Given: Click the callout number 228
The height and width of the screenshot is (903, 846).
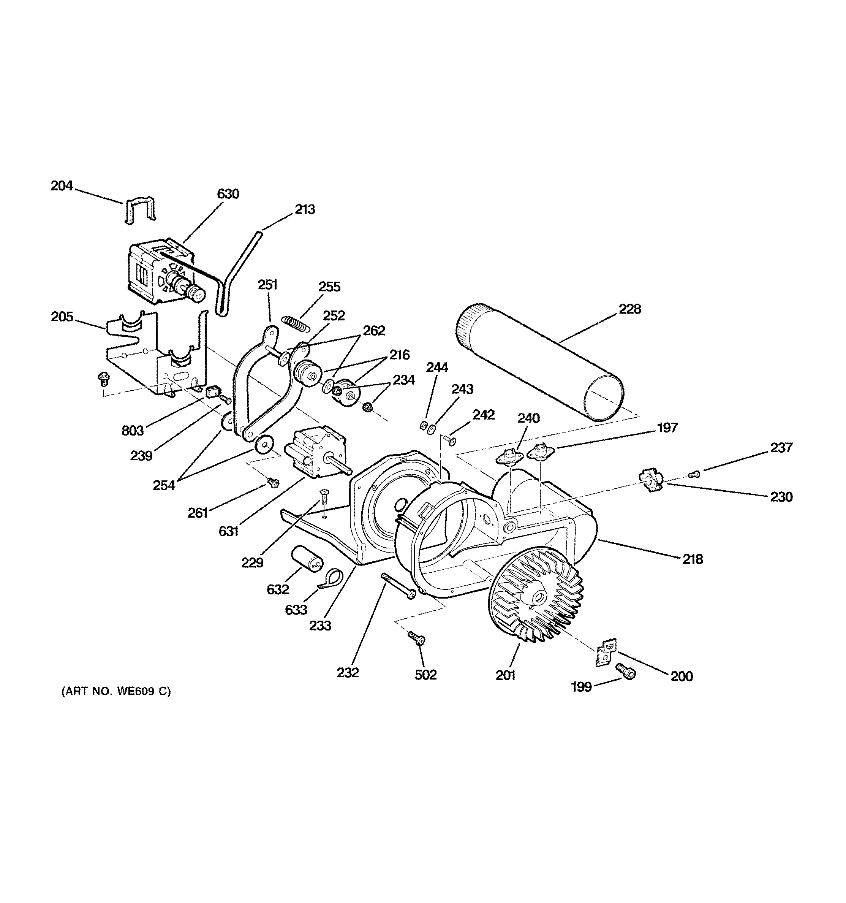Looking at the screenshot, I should pyautogui.click(x=630, y=309).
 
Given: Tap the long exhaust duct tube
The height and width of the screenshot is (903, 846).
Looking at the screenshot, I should pyautogui.click(x=541, y=363).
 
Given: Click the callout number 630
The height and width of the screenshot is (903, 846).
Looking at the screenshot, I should pyautogui.click(x=228, y=194).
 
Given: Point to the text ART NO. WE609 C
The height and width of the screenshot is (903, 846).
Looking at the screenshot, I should pyautogui.click(x=116, y=691).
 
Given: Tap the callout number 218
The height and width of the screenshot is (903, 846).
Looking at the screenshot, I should pyautogui.click(x=693, y=559).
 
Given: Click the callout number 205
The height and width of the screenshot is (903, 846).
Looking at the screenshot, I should pyautogui.click(x=62, y=317).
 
